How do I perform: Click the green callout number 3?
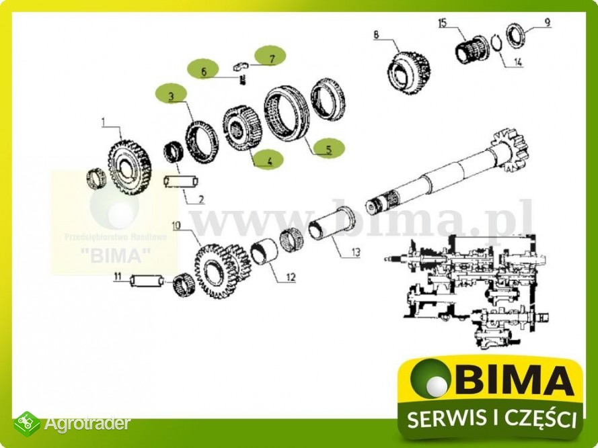tap(172, 96)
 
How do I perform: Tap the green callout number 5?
tap(328, 149)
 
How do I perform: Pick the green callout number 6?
tap(204, 69)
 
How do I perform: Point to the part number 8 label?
tap(376, 34)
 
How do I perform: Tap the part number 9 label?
tap(547, 22)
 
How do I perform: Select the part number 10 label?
tap(176, 225)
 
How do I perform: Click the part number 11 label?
tap(117, 276)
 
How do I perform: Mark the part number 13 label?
tap(356, 253)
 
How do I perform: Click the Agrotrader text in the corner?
tap(87, 424)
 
